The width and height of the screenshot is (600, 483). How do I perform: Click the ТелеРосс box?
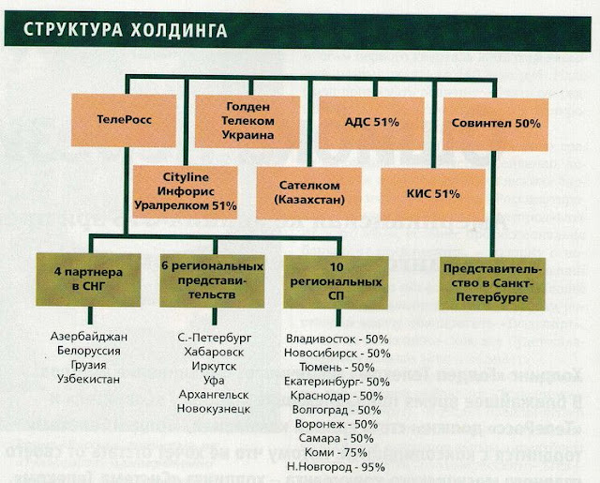(x=125, y=121)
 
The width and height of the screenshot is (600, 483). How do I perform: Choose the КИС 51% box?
(x=434, y=193)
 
